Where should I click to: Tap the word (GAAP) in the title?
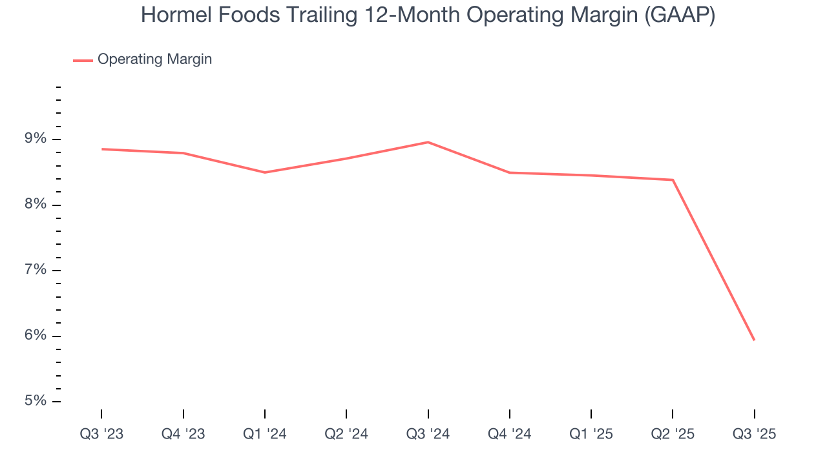(680, 15)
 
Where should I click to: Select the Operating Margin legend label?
(154, 59)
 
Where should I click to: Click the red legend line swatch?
(83, 60)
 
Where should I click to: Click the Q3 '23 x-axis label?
(101, 434)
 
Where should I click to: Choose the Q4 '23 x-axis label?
(183, 434)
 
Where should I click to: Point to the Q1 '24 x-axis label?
(265, 434)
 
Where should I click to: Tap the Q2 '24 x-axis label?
(346, 434)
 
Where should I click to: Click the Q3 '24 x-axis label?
(428, 434)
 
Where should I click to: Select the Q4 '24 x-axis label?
(510, 434)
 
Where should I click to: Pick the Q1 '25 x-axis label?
(591, 434)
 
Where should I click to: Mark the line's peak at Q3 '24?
(428, 142)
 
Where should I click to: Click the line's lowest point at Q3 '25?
(754, 340)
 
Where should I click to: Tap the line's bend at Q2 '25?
(673, 180)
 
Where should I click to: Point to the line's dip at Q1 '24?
(265, 172)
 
